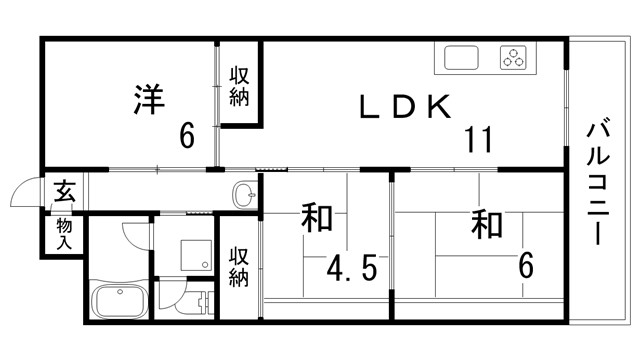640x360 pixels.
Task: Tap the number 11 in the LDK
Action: pyautogui.click(x=477, y=139)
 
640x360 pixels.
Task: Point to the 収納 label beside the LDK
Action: pyautogui.click(x=239, y=85)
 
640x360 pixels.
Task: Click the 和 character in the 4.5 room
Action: pyautogui.click(x=316, y=218)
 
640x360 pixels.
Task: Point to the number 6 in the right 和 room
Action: pyautogui.click(x=525, y=265)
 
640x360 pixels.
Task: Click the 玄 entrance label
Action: pyautogui.click(x=63, y=190)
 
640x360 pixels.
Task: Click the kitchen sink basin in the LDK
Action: pyautogui.click(x=461, y=58)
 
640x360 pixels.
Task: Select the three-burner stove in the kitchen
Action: pyautogui.click(x=516, y=58)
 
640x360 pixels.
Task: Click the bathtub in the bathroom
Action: pyautogui.click(x=117, y=301)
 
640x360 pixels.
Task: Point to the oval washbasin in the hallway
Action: pyautogui.click(x=243, y=192)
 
